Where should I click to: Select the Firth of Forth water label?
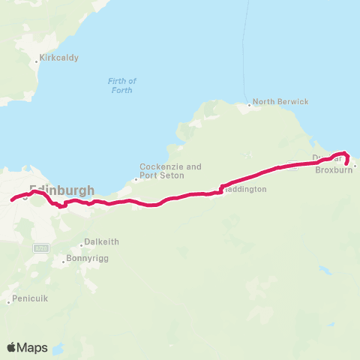coord(120,85)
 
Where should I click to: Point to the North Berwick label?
coord(280,101)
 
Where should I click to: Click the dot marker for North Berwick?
coord(250,105)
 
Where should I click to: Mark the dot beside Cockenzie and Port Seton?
coord(136,178)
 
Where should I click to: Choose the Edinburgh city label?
coord(61,190)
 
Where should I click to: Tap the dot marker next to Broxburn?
coord(355,166)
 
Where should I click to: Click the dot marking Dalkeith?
coord(82,245)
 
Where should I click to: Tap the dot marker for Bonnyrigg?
coord(64,262)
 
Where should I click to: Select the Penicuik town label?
coord(29,298)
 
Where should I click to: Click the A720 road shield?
coord(41,247)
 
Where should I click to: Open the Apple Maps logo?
coord(27,347)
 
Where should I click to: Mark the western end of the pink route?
coord(11,200)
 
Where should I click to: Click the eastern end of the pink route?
coord(346,161)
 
